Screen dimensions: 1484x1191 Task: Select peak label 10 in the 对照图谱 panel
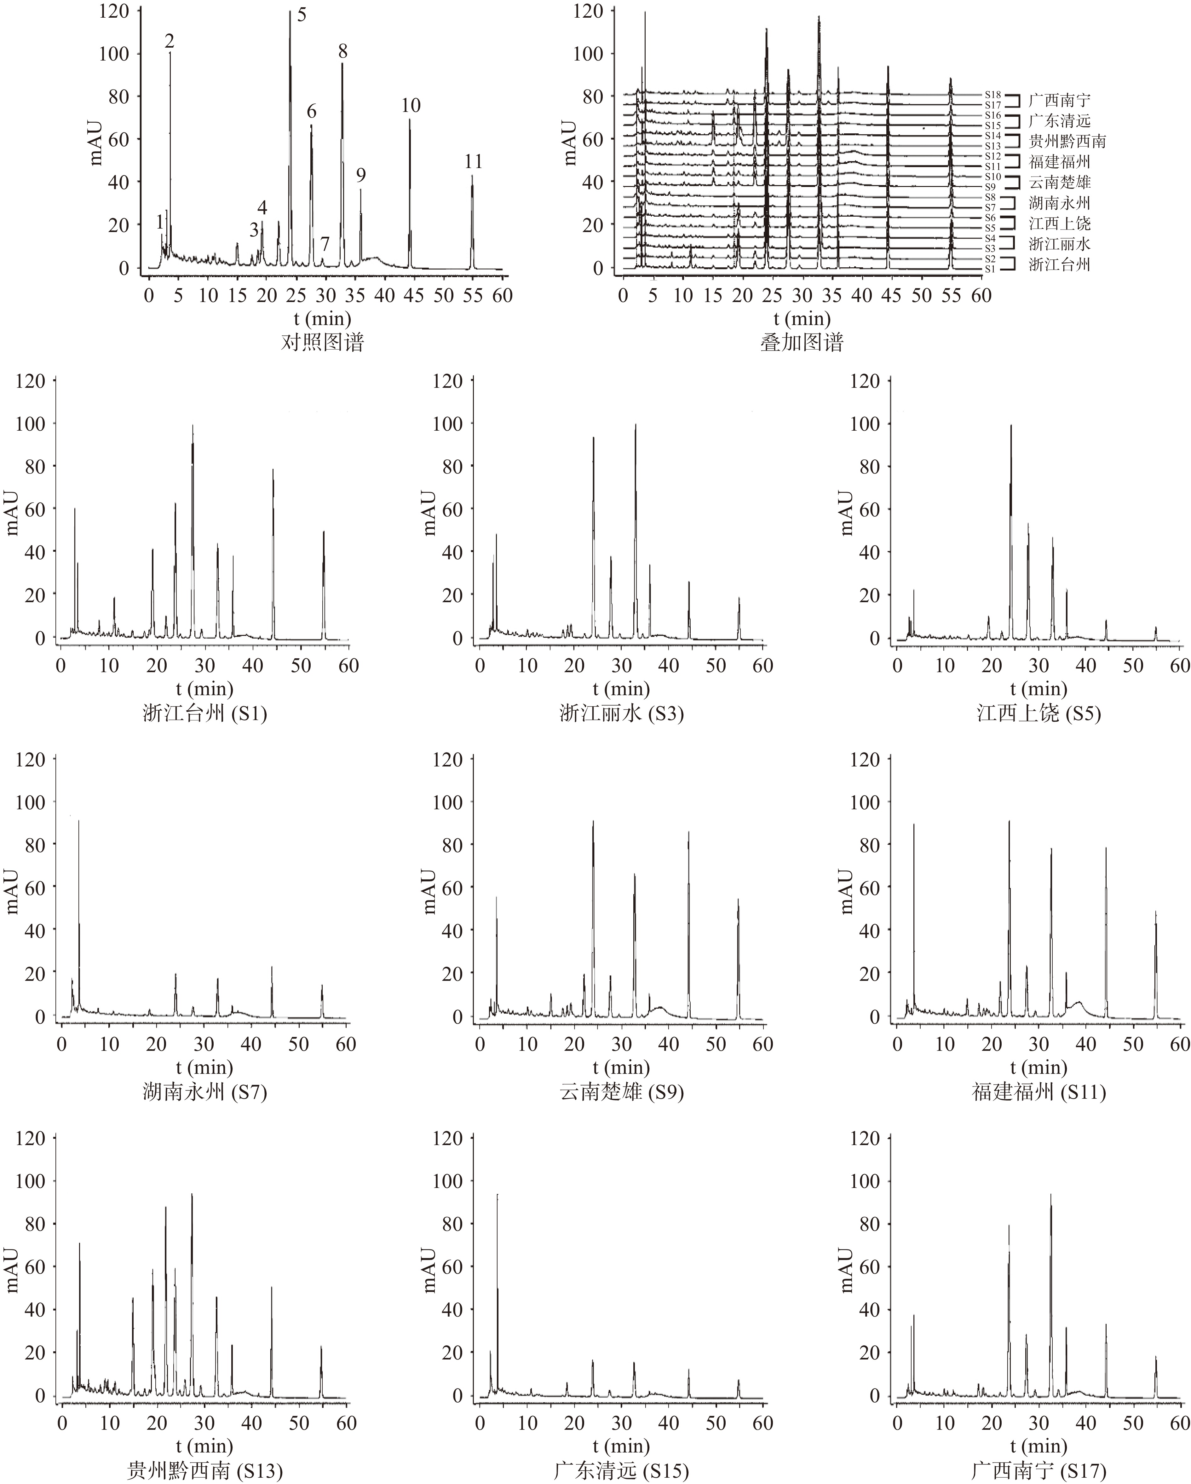click(x=411, y=105)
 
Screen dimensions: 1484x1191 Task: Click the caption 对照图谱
click(x=322, y=342)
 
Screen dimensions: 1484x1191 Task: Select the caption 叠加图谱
click(x=802, y=342)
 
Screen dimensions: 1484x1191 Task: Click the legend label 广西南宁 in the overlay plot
click(x=1060, y=100)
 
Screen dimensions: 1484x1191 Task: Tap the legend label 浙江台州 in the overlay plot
click(x=1060, y=264)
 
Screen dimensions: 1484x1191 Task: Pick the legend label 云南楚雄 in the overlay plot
click(x=1060, y=183)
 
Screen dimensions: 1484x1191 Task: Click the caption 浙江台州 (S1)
click(x=204, y=713)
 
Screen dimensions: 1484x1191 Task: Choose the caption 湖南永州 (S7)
click(x=204, y=1092)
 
